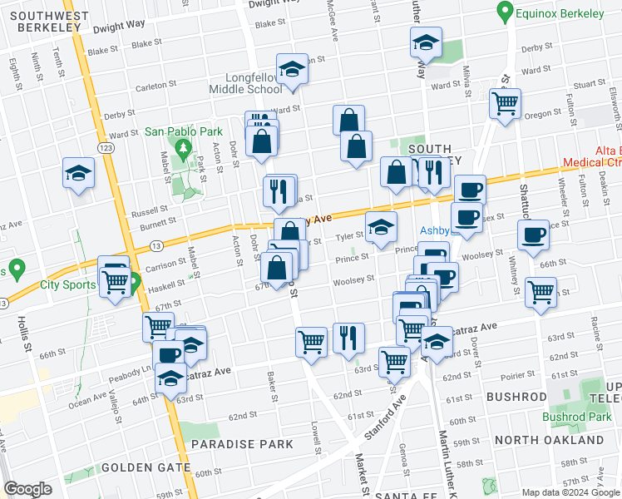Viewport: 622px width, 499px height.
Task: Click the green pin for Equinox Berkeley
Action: pos(503,12)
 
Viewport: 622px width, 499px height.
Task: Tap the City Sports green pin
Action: pos(19,270)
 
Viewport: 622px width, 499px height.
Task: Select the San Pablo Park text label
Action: pos(184,131)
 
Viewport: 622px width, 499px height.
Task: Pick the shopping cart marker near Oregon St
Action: pos(505,104)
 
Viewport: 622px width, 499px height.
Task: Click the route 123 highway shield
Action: pos(106,147)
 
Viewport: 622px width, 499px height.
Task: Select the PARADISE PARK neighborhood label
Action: pos(242,444)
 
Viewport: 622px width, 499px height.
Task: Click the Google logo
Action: pos(27,489)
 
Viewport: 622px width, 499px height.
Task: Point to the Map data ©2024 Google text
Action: pos(570,492)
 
